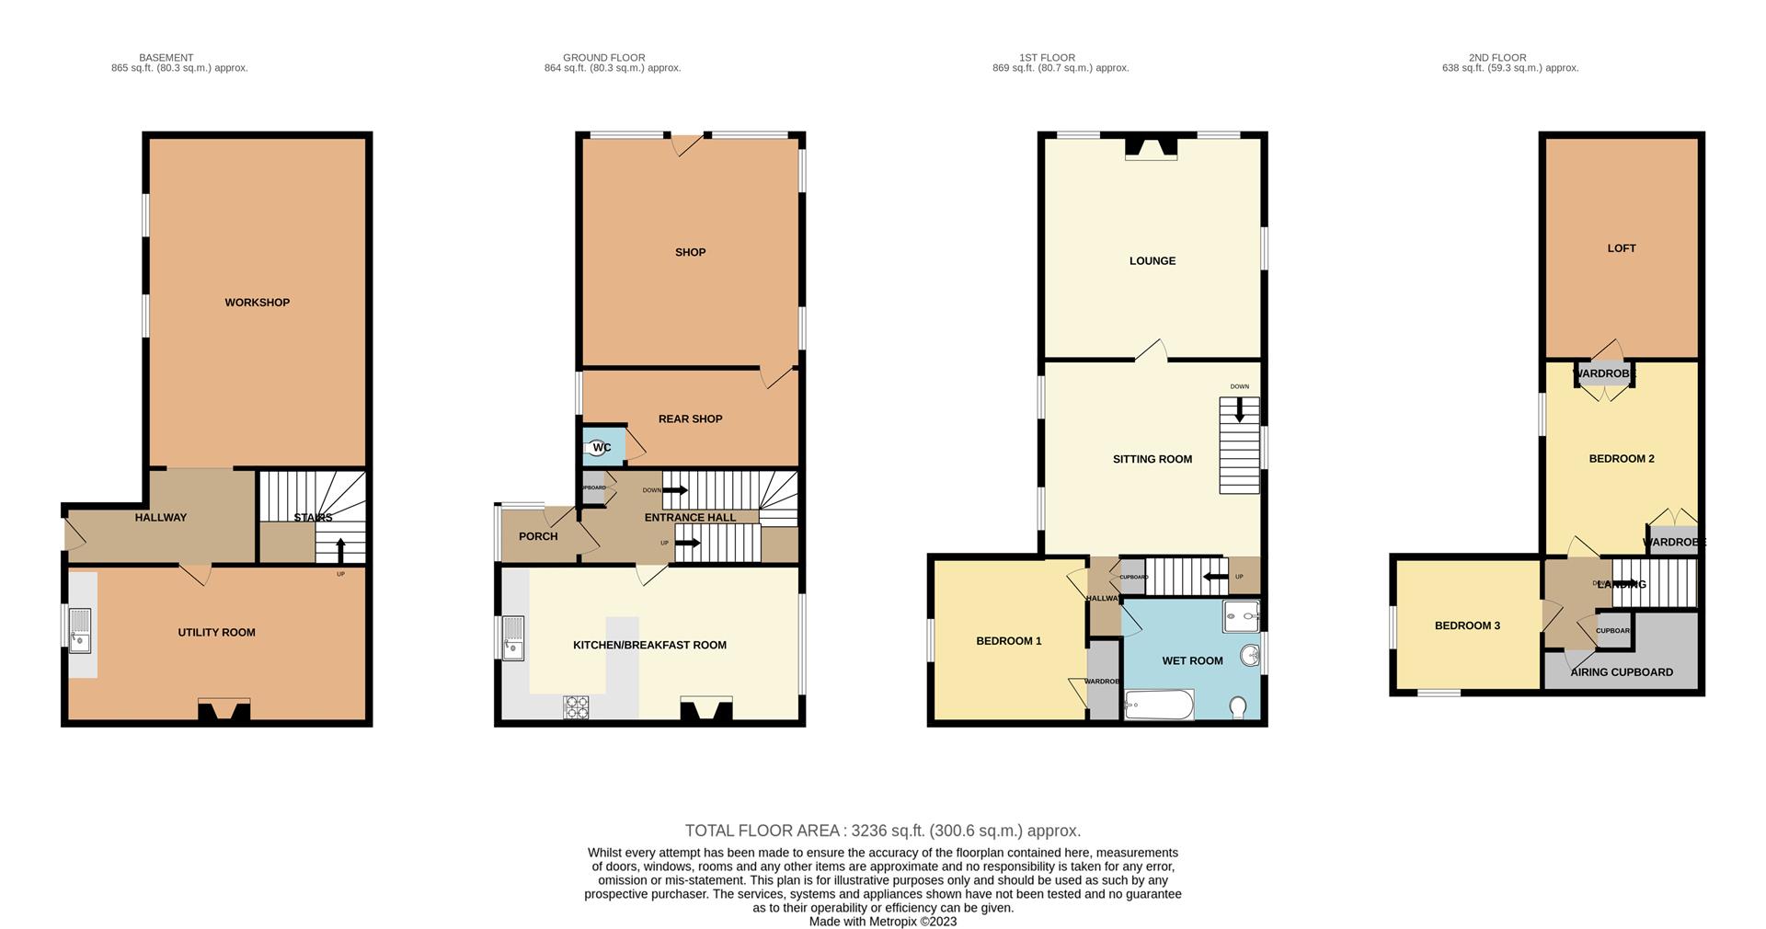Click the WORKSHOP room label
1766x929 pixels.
[x=257, y=303]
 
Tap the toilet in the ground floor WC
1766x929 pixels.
[x=599, y=448]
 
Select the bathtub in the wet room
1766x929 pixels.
[x=1159, y=705]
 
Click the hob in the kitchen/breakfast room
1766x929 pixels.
[x=576, y=706]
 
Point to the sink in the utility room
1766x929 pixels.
[x=81, y=630]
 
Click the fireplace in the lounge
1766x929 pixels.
[x=1151, y=148]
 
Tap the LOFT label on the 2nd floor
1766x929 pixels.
[x=1621, y=248]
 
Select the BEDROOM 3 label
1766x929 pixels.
[x=1467, y=625]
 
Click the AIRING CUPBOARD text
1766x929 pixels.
[x=1621, y=672]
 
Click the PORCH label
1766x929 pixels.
[x=538, y=536]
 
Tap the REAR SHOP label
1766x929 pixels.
[x=690, y=419]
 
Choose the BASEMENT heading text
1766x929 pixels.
[x=166, y=58]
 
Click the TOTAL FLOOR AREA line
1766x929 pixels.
[x=882, y=831]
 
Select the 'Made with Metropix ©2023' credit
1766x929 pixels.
[x=882, y=921]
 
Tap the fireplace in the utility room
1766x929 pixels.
[x=224, y=710]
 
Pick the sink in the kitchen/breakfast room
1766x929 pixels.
[x=513, y=637]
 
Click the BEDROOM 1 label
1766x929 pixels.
[x=1008, y=641]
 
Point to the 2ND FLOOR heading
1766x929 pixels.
[x=1497, y=58]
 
